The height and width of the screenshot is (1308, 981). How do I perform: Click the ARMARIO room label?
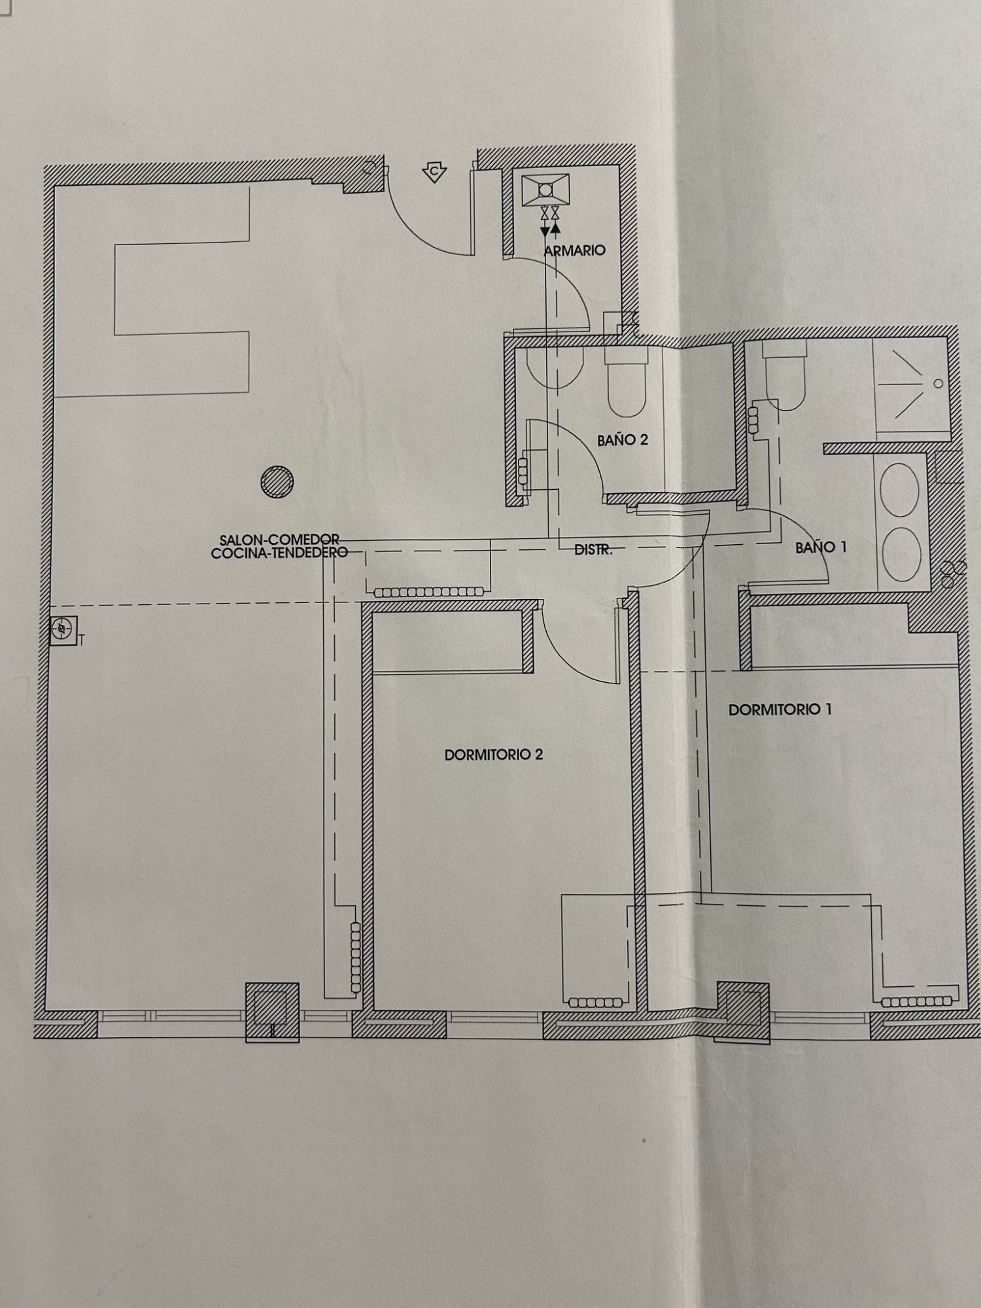pyautogui.click(x=574, y=250)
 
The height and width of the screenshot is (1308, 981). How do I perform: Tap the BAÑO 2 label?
pyautogui.click(x=623, y=439)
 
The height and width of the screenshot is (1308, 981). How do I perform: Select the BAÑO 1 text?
pyautogui.click(x=821, y=547)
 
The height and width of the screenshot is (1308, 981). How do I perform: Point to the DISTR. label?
pyautogui.click(x=594, y=550)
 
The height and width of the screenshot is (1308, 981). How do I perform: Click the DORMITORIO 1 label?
pyautogui.click(x=780, y=710)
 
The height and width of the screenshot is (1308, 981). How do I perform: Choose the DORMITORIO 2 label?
pyautogui.click(x=494, y=755)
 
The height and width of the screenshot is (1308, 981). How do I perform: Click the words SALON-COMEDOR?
pyautogui.click(x=279, y=540)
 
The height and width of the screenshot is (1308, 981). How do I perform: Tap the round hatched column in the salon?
pyautogui.click(x=277, y=483)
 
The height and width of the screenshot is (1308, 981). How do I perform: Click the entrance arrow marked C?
pyautogui.click(x=434, y=172)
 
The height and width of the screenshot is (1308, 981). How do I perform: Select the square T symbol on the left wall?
pyautogui.click(x=63, y=630)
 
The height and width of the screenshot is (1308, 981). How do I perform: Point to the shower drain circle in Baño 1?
pyautogui.click(x=938, y=384)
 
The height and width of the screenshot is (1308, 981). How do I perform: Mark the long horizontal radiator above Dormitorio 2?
pyautogui.click(x=428, y=592)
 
